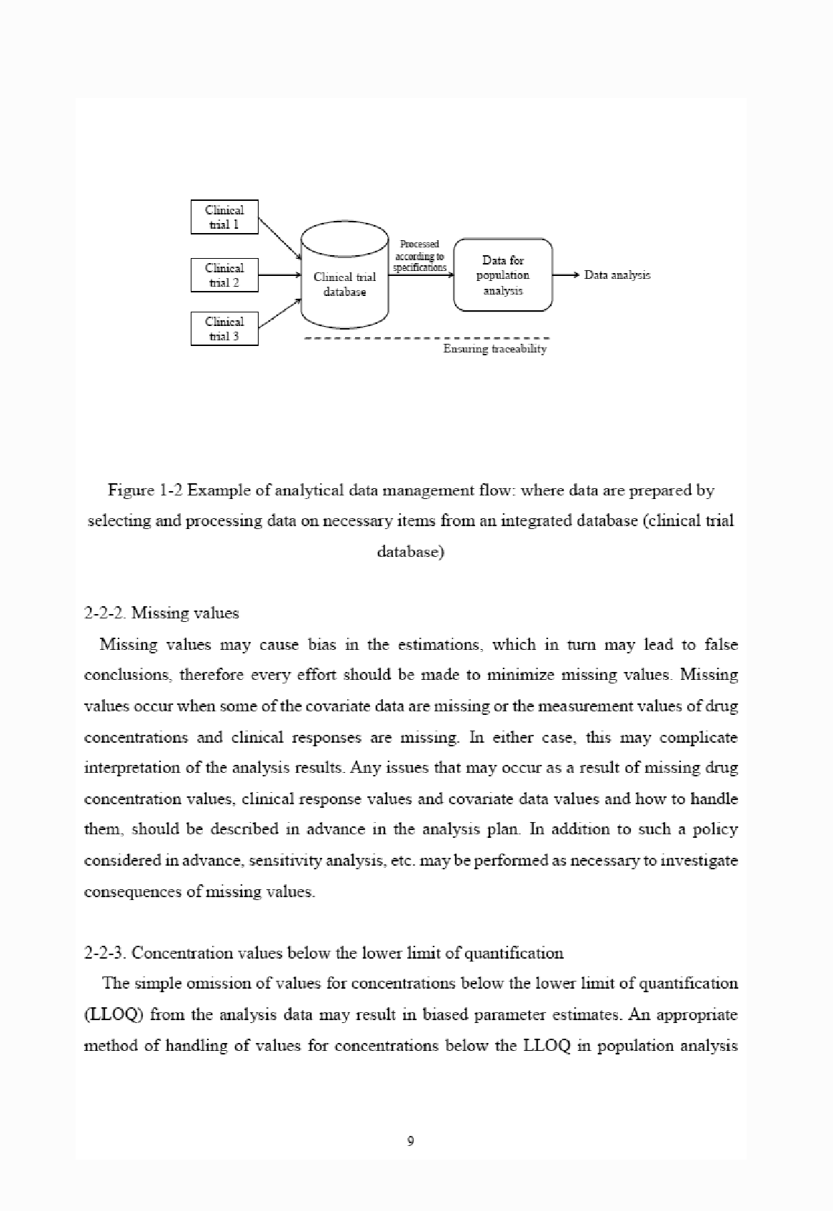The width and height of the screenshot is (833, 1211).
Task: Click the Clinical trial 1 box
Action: pyautogui.click(x=224, y=217)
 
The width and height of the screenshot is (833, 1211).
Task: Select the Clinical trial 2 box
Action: pyautogui.click(x=224, y=275)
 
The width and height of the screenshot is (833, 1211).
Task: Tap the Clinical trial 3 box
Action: pyautogui.click(x=224, y=329)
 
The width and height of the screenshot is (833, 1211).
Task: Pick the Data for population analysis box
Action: pyautogui.click(x=503, y=275)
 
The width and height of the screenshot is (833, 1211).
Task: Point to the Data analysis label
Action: pyautogui.click(x=617, y=275)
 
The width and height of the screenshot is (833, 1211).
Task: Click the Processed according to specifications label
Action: pyautogui.click(x=420, y=256)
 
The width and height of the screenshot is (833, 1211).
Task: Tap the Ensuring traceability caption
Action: pyautogui.click(x=494, y=349)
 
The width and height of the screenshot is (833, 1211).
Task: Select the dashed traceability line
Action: pyautogui.click(x=427, y=337)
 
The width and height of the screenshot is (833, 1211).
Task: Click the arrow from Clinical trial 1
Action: pyautogui.click(x=279, y=238)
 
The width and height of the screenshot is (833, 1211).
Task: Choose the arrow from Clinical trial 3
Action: pyautogui.click(x=279, y=314)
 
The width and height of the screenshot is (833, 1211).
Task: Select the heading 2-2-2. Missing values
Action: pyautogui.click(x=161, y=613)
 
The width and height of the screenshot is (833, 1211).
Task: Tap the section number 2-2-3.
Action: pyautogui.click(x=106, y=953)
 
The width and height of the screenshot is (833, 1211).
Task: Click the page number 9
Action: pyautogui.click(x=410, y=1141)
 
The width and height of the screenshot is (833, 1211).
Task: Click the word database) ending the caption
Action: pyautogui.click(x=410, y=553)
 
